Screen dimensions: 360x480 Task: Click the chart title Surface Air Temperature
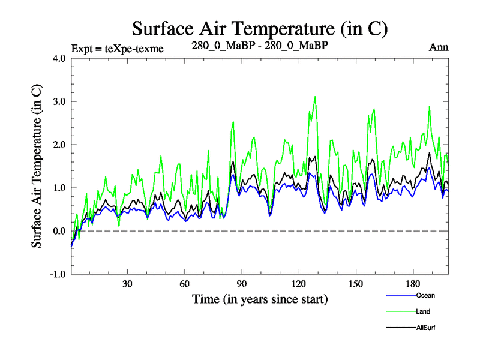pyautogui.click(x=260, y=28)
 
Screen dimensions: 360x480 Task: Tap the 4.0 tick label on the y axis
pyautogui.click(x=60, y=59)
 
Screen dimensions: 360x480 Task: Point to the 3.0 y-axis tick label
pyautogui.click(x=60, y=102)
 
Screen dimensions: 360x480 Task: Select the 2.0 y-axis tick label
pyautogui.click(x=60, y=145)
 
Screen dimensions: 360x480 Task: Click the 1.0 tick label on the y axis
pyautogui.click(x=60, y=188)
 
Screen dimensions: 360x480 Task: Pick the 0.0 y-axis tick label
pyautogui.click(x=60, y=232)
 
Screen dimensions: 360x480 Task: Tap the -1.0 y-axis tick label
pyautogui.click(x=58, y=275)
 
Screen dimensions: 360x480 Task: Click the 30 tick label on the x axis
pyautogui.click(x=128, y=284)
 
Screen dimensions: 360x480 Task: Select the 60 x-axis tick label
pyautogui.click(x=185, y=284)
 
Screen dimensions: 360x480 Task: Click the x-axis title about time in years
pyautogui.click(x=260, y=299)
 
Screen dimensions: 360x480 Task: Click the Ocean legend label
pyautogui.click(x=425, y=295)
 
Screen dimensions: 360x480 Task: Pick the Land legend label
pyautogui.click(x=422, y=311)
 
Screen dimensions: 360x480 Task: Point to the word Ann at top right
pyautogui.click(x=439, y=47)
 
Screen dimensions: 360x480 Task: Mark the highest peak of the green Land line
pyautogui.click(x=315, y=97)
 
